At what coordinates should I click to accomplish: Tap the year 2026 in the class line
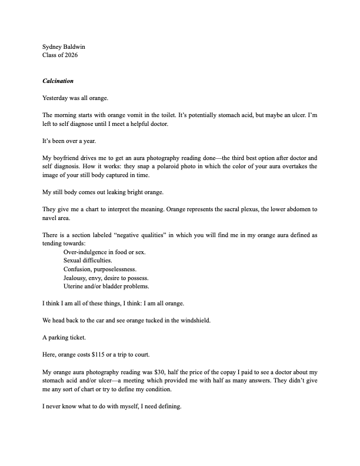point(69,55)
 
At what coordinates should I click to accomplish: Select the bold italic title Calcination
point(58,81)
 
